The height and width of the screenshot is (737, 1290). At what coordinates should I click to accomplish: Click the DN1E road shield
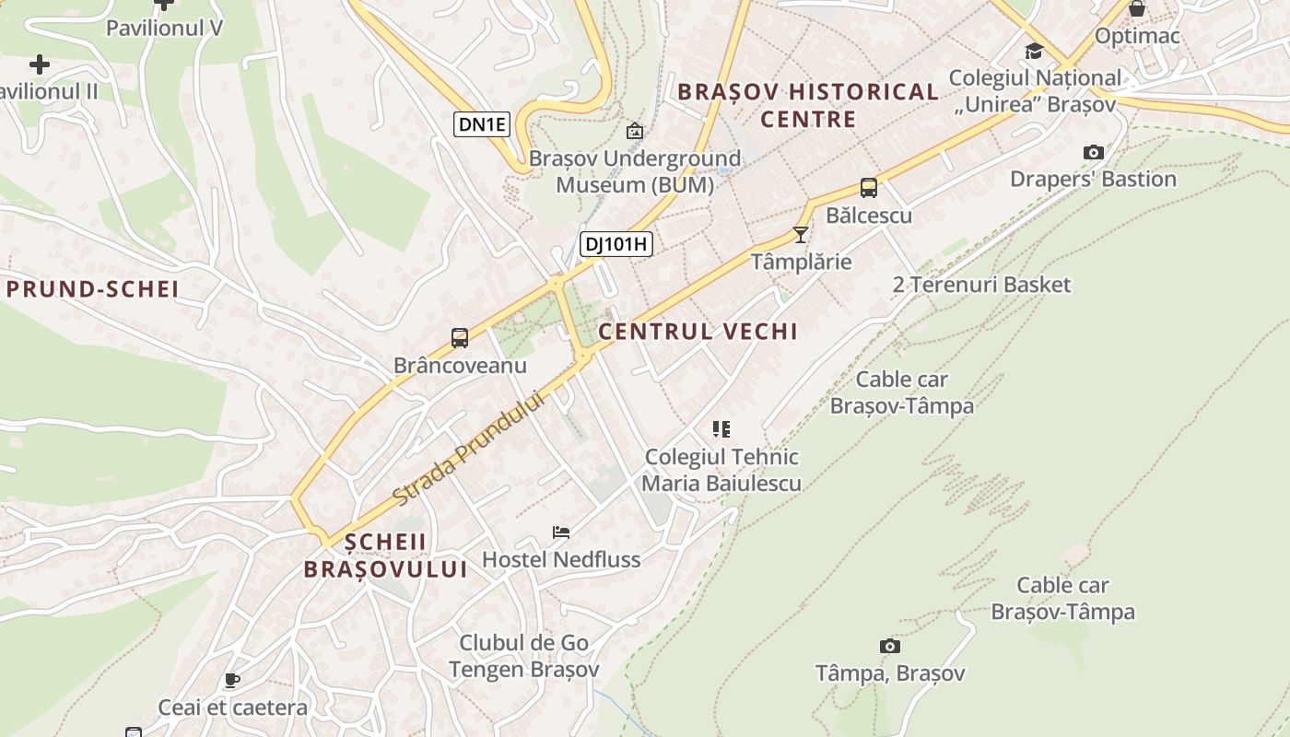point(481,123)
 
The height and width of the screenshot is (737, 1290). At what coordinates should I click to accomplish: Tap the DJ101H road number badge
point(616,244)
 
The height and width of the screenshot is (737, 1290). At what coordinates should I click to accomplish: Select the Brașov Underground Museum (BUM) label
point(635,172)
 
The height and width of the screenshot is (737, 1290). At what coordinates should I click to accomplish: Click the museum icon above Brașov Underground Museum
point(634,132)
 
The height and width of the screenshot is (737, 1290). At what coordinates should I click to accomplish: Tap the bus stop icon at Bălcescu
point(868,188)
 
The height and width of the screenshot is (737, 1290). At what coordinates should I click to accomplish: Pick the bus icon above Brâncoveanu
point(460,338)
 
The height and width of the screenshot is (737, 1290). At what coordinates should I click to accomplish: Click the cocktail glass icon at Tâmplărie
point(800,235)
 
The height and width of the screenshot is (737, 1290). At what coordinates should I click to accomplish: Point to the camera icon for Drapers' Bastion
point(1093,152)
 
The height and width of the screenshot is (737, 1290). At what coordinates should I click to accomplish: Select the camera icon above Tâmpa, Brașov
point(889,646)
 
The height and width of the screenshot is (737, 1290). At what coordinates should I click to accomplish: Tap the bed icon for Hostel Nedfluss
point(560,532)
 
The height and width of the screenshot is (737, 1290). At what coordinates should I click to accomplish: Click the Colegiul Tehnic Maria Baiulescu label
point(721,470)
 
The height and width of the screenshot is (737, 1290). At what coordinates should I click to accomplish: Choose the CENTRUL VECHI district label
point(698,332)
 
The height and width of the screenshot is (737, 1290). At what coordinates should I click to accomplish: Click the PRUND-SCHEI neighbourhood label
point(92,289)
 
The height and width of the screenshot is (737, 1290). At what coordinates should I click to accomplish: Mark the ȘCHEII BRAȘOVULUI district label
point(386,556)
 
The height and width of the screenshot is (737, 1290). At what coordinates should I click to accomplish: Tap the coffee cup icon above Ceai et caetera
point(232,680)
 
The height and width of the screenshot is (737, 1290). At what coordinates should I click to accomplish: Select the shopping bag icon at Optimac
point(1137,8)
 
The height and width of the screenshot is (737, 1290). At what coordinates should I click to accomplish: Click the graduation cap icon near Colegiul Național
point(1034,51)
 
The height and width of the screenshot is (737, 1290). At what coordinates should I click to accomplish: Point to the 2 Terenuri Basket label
point(981,285)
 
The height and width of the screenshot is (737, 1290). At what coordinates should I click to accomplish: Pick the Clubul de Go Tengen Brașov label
point(523,656)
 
